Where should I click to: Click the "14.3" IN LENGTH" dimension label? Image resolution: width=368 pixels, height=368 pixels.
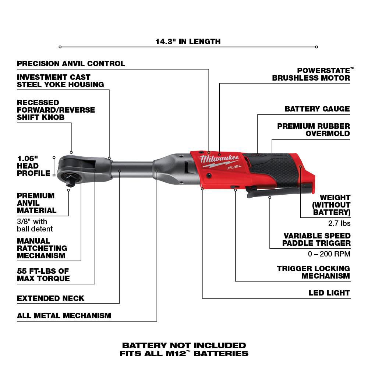pyautogui.click(x=188, y=41)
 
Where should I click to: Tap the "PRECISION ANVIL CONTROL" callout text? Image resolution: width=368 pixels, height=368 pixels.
pyautogui.click(x=71, y=64)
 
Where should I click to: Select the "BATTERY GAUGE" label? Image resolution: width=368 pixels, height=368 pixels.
pyautogui.click(x=317, y=109)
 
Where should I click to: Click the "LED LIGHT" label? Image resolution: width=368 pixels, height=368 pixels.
pyautogui.click(x=329, y=293)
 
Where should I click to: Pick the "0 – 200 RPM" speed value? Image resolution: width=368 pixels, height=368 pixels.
pyautogui.click(x=329, y=254)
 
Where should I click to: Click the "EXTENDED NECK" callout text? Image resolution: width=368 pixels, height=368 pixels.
pyautogui.click(x=51, y=298)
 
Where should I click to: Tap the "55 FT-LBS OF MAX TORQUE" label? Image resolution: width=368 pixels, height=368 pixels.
pyautogui.click(x=43, y=275)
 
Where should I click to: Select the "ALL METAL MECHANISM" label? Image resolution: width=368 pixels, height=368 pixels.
pyautogui.click(x=64, y=315)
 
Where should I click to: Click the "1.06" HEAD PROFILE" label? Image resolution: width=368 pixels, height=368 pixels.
pyautogui.click(x=33, y=166)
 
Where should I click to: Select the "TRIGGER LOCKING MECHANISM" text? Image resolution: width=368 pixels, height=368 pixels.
pyautogui.click(x=314, y=272)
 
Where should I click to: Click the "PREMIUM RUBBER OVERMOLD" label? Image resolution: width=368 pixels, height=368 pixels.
pyautogui.click(x=314, y=130)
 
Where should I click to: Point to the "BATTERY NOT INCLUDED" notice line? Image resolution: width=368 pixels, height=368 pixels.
pyautogui.click(x=184, y=345)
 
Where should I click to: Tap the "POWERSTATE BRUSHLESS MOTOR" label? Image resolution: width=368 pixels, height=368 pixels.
pyautogui.click(x=311, y=74)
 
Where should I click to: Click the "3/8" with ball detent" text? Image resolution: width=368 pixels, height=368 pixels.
pyautogui.click(x=35, y=225)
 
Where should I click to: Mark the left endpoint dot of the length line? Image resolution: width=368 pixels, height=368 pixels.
pyautogui.click(x=60, y=47)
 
